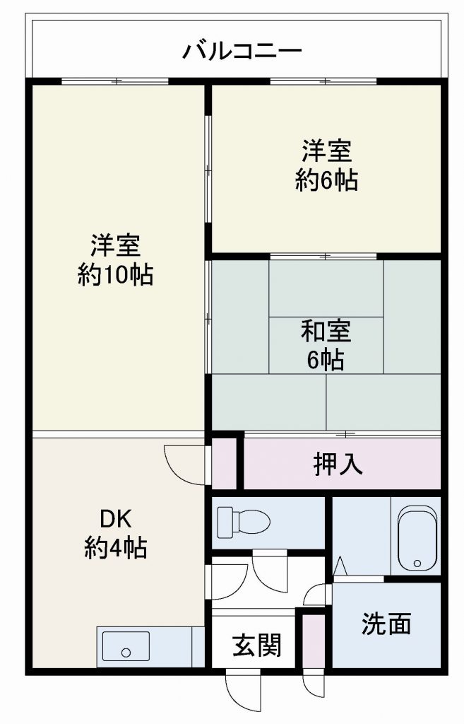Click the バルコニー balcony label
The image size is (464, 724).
(242, 50)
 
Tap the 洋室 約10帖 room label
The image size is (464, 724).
(115, 260)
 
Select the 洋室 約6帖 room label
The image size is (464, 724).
(326, 165)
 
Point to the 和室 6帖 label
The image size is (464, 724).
(326, 344)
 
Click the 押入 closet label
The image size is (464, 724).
(338, 464)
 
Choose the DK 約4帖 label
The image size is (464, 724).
(115, 534)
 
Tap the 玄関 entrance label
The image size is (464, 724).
(256, 645)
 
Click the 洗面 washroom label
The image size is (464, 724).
(386, 624)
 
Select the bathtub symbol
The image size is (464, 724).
(417, 539)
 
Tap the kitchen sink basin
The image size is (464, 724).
(126, 646)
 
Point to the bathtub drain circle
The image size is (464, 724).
(417, 564)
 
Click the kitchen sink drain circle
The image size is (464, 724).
(126, 653)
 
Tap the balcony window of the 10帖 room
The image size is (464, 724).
(115, 81)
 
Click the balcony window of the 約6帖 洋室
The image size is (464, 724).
(323, 81)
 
